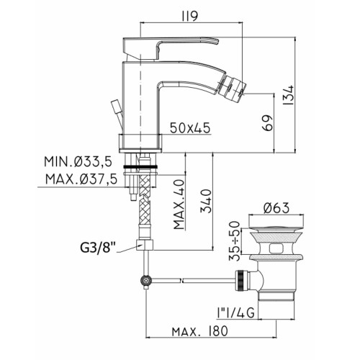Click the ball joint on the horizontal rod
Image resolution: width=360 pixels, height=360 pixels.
point(146,280)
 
